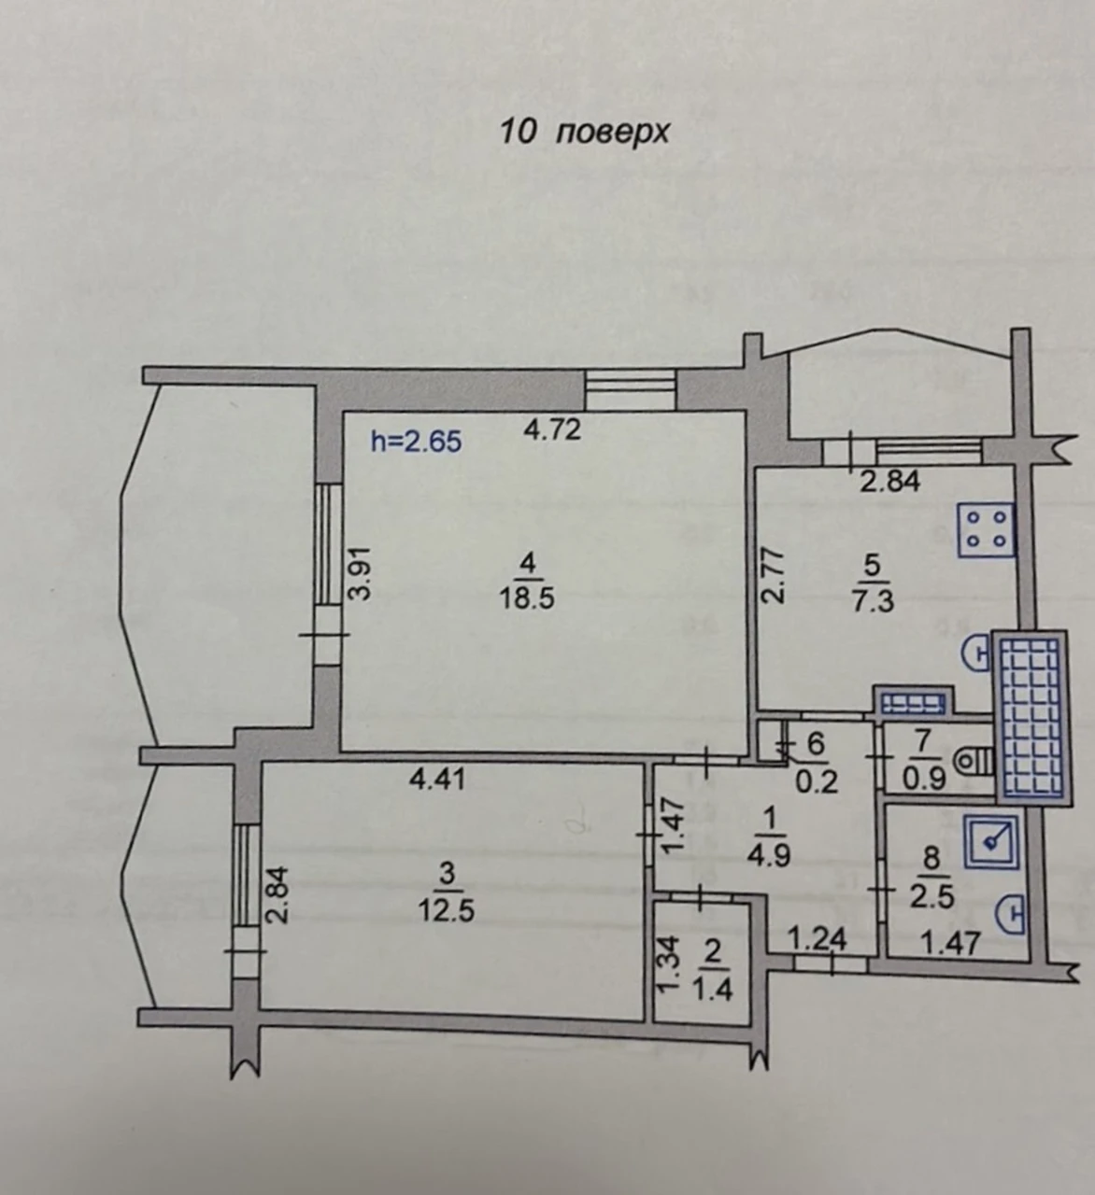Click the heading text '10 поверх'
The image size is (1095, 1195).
click(584, 133)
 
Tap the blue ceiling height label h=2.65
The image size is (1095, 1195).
click(417, 442)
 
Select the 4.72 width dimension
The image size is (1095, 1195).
click(552, 429)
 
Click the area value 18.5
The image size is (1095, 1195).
click(527, 598)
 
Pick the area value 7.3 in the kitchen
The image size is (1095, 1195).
click(873, 601)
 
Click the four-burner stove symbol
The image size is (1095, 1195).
click(986, 531)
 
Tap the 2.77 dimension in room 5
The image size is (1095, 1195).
click(773, 577)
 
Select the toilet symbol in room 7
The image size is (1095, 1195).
click(974, 762)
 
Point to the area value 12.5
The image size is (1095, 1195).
click(446, 911)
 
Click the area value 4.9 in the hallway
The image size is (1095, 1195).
click(769, 856)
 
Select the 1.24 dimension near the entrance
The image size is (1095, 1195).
click(818, 940)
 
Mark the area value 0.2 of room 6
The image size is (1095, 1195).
click(818, 781)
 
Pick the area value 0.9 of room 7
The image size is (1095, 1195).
click(924, 780)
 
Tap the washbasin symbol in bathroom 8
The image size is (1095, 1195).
click(1012, 912)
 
